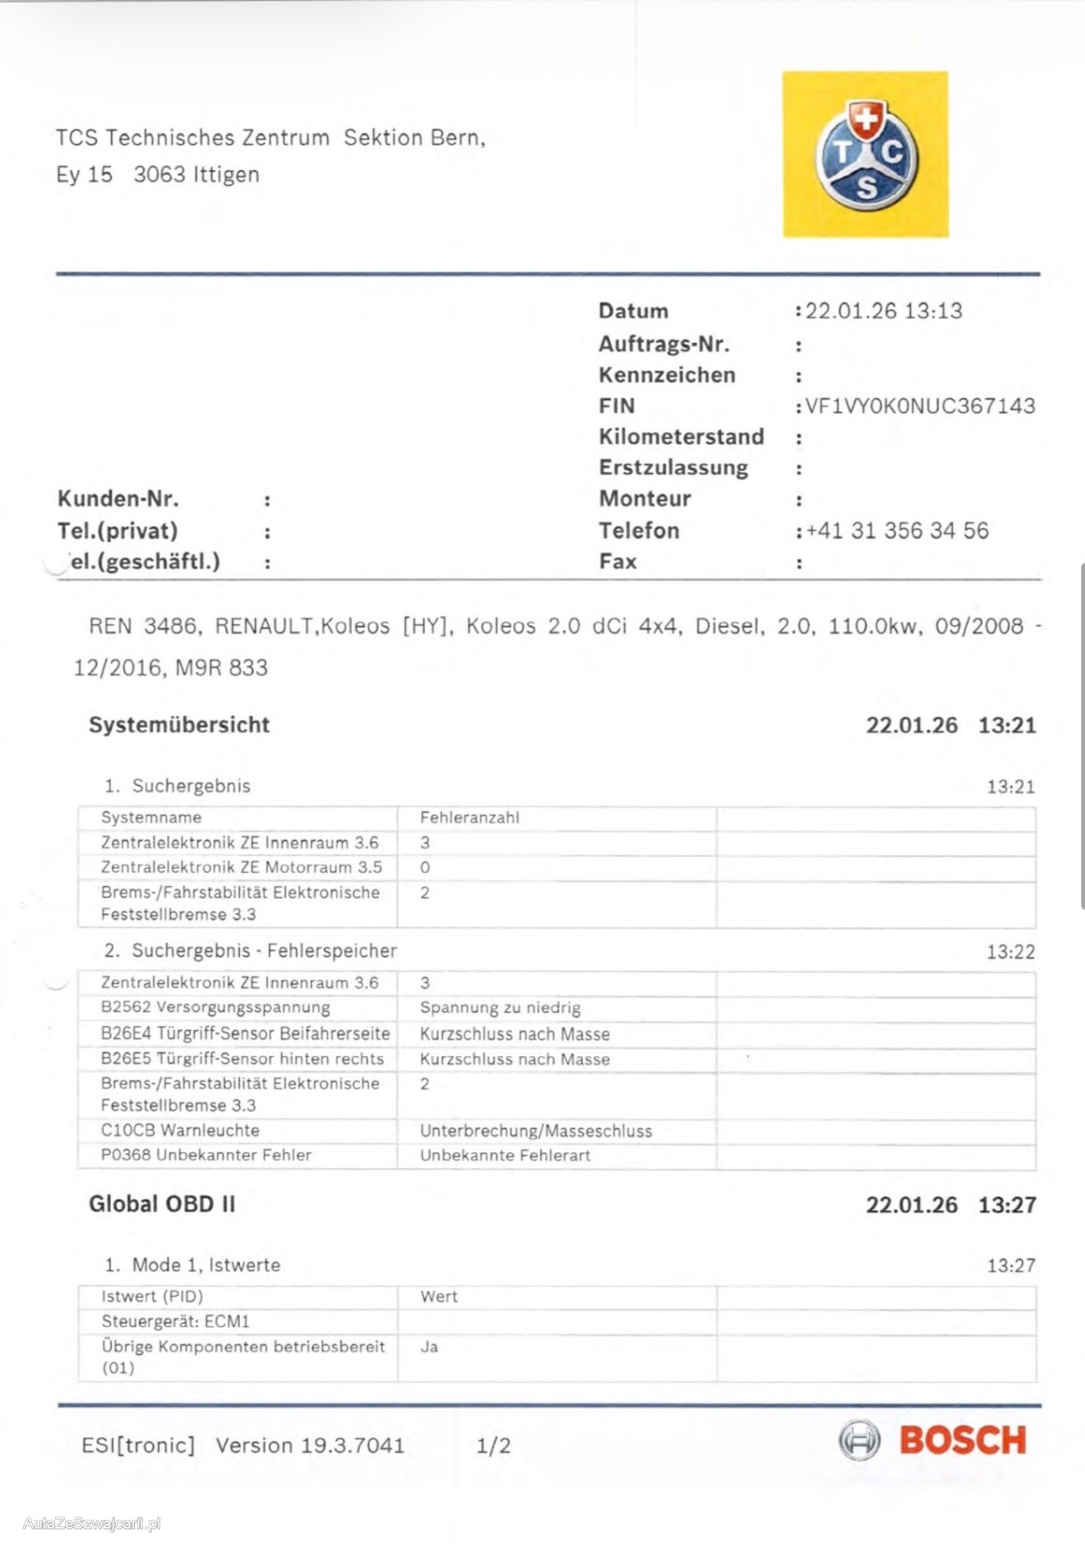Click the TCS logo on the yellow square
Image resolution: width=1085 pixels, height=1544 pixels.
point(865,155)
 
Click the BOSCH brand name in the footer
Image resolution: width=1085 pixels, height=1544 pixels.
point(962,1441)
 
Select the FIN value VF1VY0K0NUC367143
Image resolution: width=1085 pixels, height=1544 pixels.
point(919,406)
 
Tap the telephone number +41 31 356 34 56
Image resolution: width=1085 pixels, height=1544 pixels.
point(897,531)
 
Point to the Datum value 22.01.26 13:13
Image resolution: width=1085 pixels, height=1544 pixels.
point(883,311)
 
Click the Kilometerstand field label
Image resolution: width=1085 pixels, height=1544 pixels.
point(681,437)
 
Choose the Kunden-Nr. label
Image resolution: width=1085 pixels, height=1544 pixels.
point(118,499)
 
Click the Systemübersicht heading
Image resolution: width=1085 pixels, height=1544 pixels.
point(179,725)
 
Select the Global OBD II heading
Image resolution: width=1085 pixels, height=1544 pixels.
point(162,1204)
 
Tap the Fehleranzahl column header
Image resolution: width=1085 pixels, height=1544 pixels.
point(469,817)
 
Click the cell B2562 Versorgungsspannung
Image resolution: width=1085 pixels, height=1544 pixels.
point(215,1007)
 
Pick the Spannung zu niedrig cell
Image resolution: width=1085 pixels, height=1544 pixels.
point(500,1008)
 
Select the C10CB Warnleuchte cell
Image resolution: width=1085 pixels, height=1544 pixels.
point(180,1130)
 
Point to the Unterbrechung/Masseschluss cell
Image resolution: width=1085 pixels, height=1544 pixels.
point(536,1131)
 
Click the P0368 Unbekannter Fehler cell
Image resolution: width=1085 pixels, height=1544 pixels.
point(206,1155)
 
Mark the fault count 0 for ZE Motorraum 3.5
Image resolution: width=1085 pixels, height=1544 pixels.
point(425,868)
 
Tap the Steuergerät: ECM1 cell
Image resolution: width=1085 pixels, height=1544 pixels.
point(175,1321)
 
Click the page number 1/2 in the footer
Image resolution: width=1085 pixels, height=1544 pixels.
point(493,1445)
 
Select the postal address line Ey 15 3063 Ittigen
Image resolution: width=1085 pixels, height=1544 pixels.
point(158,175)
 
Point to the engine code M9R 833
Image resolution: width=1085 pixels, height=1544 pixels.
point(221,668)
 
